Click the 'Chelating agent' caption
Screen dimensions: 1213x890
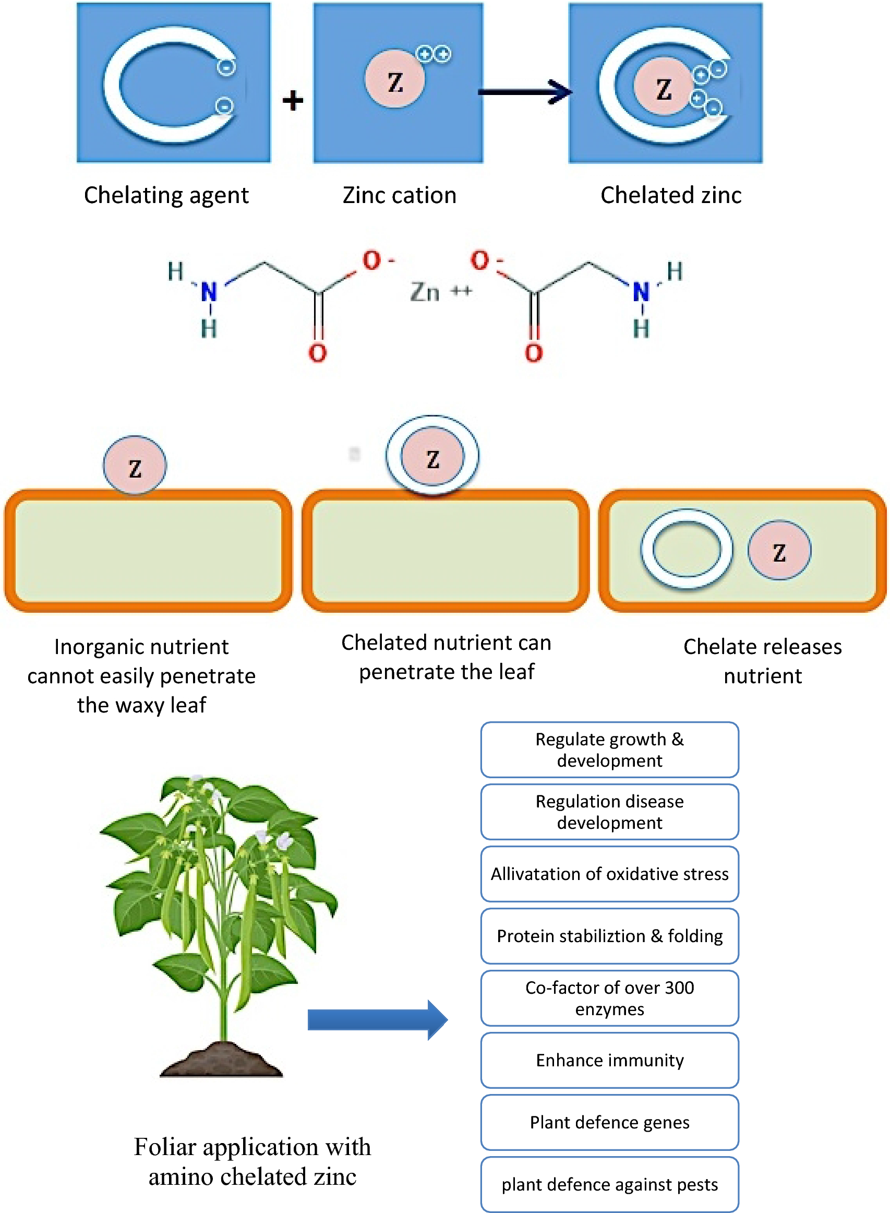[x=166, y=195]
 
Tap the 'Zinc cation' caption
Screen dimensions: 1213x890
[x=399, y=195]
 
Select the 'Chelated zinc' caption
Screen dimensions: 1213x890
[x=671, y=195]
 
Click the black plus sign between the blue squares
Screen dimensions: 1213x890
[x=293, y=100]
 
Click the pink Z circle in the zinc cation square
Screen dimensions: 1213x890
[x=394, y=79]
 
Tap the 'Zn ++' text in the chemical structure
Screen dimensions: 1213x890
[x=440, y=292]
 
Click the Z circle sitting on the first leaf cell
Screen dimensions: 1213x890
[x=135, y=466]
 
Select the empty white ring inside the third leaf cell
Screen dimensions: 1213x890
[x=686, y=549]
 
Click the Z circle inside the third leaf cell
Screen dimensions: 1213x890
[x=778, y=550]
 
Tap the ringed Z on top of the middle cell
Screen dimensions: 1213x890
[x=432, y=456]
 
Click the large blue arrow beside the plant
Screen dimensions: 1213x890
[x=377, y=1019]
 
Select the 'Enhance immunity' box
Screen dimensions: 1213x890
[x=609, y=1060]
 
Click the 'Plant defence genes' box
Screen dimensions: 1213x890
[x=609, y=1122]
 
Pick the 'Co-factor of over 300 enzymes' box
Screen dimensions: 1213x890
[x=609, y=998]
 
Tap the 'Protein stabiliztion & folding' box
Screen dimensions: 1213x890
[x=609, y=936]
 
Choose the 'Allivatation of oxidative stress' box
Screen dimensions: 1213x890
[x=609, y=874]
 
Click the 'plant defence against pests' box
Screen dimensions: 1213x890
[x=609, y=1184]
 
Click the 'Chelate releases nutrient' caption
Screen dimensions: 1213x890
[x=762, y=661]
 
